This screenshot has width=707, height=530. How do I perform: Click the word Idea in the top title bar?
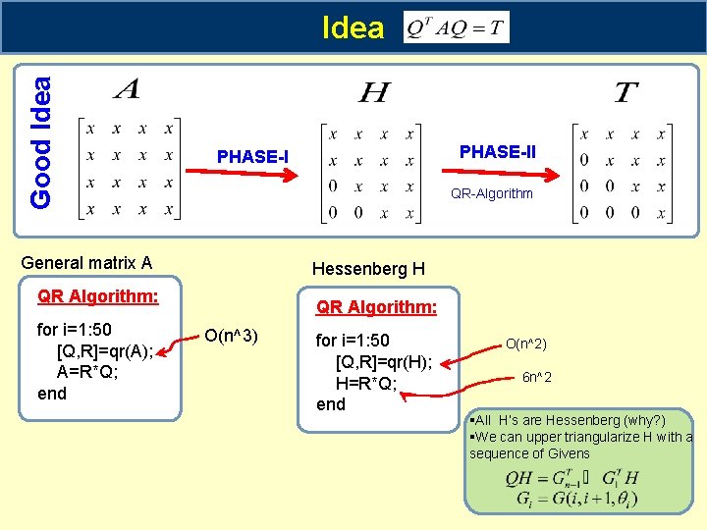tap(353, 27)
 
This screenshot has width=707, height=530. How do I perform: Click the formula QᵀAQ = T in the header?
tap(456, 27)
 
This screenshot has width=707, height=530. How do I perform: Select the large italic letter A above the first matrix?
tap(128, 91)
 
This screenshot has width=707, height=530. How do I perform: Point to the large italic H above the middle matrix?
tap(374, 93)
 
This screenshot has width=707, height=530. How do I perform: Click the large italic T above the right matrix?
tap(625, 93)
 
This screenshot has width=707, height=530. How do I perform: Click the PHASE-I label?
tap(252, 157)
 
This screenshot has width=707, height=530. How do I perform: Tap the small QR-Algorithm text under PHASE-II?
tap(491, 193)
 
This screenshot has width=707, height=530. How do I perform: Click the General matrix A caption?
tap(86, 262)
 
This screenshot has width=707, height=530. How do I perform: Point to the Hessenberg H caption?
tap(368, 268)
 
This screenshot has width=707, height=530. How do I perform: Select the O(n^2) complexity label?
tap(526, 344)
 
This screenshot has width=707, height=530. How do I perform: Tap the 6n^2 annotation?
tap(536, 377)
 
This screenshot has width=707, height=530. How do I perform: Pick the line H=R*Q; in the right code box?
tap(366, 384)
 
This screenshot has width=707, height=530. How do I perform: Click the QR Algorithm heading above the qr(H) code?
tap(376, 307)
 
